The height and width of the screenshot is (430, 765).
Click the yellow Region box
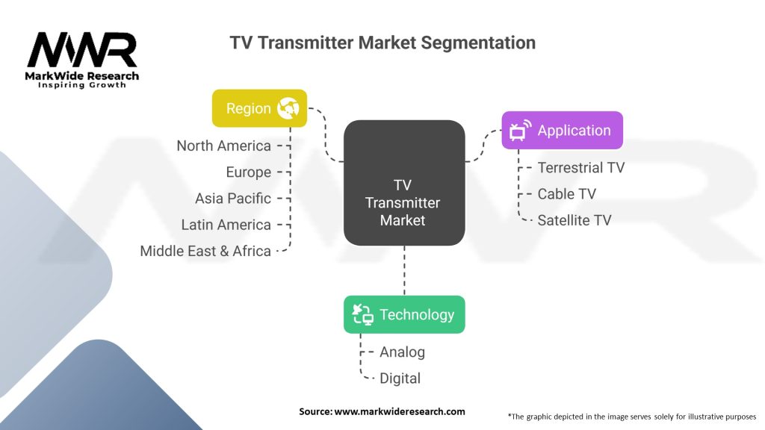coord(259,108)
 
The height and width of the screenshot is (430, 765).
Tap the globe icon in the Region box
coord(288,108)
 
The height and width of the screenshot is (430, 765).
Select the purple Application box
coord(562,130)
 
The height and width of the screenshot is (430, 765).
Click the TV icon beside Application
coord(520,131)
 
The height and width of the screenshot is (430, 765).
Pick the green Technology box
coord(404,314)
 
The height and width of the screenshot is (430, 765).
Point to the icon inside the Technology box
coord(362,314)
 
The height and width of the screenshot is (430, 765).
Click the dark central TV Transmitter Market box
coord(404,183)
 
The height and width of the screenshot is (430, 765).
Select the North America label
coord(223,146)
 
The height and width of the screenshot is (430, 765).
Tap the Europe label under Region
coord(248,172)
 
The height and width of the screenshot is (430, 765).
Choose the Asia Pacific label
coord(233,199)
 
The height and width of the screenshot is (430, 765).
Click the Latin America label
coord(226,225)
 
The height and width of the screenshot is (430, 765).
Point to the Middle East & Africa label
coord(205,251)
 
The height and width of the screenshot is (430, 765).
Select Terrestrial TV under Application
coord(581,168)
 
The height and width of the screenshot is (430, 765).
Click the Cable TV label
coord(567,194)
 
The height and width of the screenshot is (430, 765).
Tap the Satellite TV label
coord(574,220)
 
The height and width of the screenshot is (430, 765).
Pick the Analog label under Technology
coord(402,352)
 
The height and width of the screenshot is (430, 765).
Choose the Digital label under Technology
coord(400,378)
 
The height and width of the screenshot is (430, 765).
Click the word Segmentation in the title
coord(478,43)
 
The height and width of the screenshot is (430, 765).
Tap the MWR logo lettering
coord(82,50)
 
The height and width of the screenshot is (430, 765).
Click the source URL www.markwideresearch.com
coord(400,411)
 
